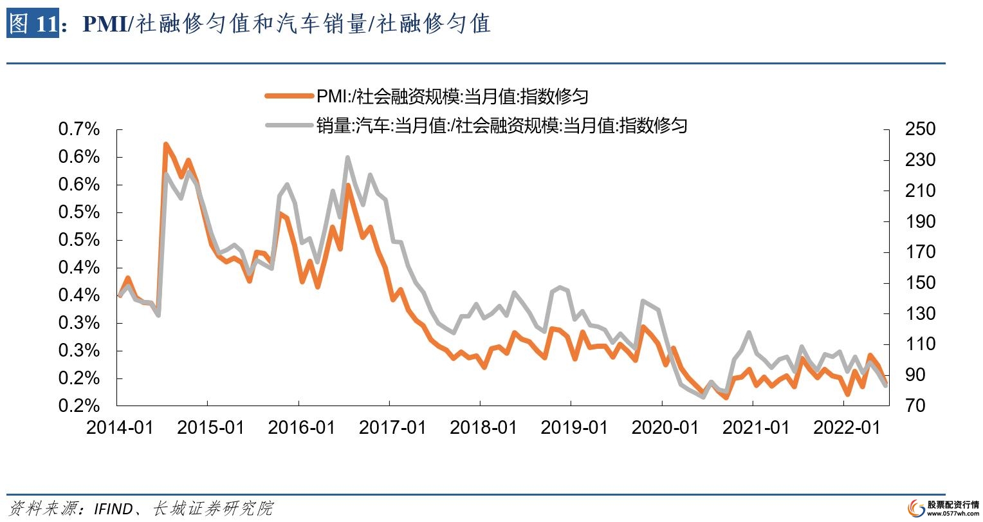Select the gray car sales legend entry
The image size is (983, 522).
(x=476, y=125)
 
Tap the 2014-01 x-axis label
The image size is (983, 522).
(x=120, y=427)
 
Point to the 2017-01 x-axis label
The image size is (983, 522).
(x=392, y=427)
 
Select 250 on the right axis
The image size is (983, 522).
(x=919, y=129)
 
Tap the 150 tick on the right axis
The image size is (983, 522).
(x=919, y=283)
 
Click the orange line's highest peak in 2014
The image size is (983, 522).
(x=165, y=144)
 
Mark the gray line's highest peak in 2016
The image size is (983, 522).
(x=347, y=157)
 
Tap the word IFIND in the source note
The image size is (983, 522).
(x=114, y=508)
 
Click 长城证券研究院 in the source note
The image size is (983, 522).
(x=213, y=508)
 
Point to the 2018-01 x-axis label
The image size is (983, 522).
(x=483, y=427)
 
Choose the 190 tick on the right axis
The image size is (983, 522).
(x=919, y=221)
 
